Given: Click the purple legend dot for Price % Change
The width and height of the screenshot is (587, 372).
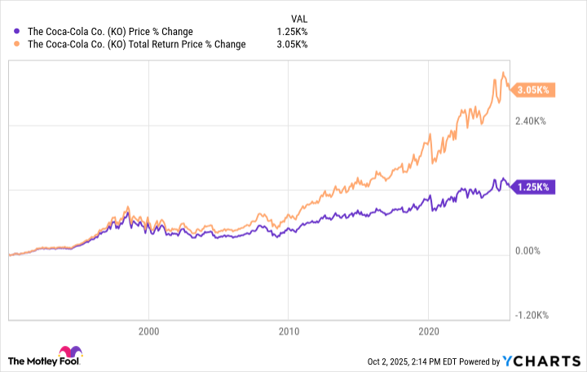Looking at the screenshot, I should pyautogui.click(x=19, y=32).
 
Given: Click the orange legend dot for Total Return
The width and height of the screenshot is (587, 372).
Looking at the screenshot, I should pyautogui.click(x=19, y=44).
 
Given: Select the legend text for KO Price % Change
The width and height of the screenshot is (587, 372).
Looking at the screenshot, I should pyautogui.click(x=111, y=32).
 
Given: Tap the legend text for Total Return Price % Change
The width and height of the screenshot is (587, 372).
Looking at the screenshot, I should pyautogui.click(x=137, y=44).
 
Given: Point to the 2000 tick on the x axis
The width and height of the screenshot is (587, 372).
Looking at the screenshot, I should pyautogui.click(x=148, y=330).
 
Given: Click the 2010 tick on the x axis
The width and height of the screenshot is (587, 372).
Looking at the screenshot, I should pyautogui.click(x=288, y=330).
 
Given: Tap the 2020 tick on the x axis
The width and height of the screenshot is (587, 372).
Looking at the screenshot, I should pyautogui.click(x=428, y=330).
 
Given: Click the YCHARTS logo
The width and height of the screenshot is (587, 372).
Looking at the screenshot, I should pyautogui.click(x=547, y=360).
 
